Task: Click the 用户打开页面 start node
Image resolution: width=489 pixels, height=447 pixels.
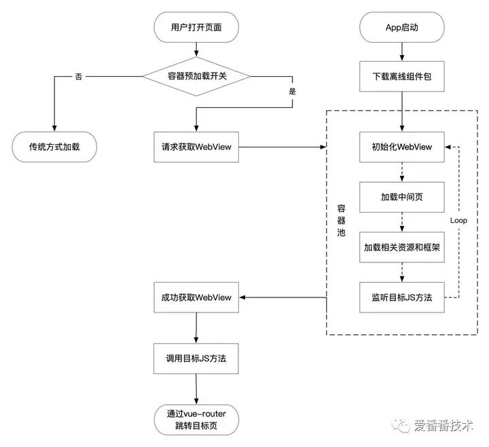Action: click(196, 27)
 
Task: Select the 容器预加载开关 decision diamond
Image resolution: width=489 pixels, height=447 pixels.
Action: click(196, 76)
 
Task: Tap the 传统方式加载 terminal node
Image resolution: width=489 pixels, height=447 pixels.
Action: click(54, 147)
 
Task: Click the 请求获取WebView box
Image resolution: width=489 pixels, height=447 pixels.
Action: click(196, 147)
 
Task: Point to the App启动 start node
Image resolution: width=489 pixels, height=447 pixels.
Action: click(401, 27)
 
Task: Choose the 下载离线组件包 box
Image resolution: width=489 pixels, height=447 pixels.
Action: click(401, 76)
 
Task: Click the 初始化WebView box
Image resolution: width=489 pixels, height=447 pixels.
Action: click(401, 147)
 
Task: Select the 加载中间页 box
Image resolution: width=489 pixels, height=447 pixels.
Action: click(401, 197)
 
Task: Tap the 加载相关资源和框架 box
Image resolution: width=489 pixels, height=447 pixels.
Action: click(401, 247)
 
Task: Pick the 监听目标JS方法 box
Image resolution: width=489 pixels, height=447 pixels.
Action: click(401, 298)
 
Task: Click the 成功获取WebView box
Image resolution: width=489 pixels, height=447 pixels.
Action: click(196, 298)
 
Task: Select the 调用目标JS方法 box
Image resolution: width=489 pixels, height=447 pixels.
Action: click(196, 359)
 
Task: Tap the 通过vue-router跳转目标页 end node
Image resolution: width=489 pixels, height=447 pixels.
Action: click(196, 420)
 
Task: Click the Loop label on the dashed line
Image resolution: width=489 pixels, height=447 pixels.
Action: click(458, 221)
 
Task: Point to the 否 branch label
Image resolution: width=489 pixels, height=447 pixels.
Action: click(79, 76)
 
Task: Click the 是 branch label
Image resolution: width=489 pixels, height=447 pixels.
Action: click(292, 92)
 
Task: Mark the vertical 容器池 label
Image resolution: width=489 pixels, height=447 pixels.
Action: click(341, 221)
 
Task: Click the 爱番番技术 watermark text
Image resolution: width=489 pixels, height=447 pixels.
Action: click(443, 425)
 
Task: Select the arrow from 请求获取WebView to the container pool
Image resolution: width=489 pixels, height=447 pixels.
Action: click(283, 147)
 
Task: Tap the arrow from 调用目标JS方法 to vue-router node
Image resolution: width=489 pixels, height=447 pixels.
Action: click(196, 389)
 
